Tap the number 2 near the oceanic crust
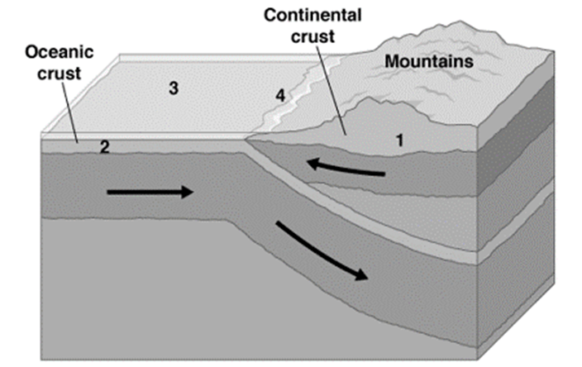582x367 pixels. (105, 148)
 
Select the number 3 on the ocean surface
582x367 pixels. (174, 88)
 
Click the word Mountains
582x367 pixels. (428, 61)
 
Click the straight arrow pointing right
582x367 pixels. (149, 193)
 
